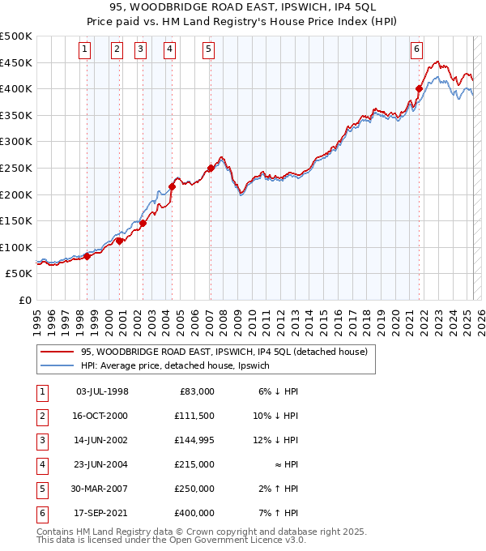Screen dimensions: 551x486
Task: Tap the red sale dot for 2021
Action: [x=420, y=89]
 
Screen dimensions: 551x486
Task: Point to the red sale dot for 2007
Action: [x=211, y=169]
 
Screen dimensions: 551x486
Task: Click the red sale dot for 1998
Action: [x=87, y=256]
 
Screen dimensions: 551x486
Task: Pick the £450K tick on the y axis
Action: [x=17, y=62]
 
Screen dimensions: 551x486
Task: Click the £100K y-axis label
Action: [x=17, y=247]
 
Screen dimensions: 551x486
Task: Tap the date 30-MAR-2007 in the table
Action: [x=101, y=489]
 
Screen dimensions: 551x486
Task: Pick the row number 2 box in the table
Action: [x=40, y=416]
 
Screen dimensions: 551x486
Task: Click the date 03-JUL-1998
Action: [x=101, y=391]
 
